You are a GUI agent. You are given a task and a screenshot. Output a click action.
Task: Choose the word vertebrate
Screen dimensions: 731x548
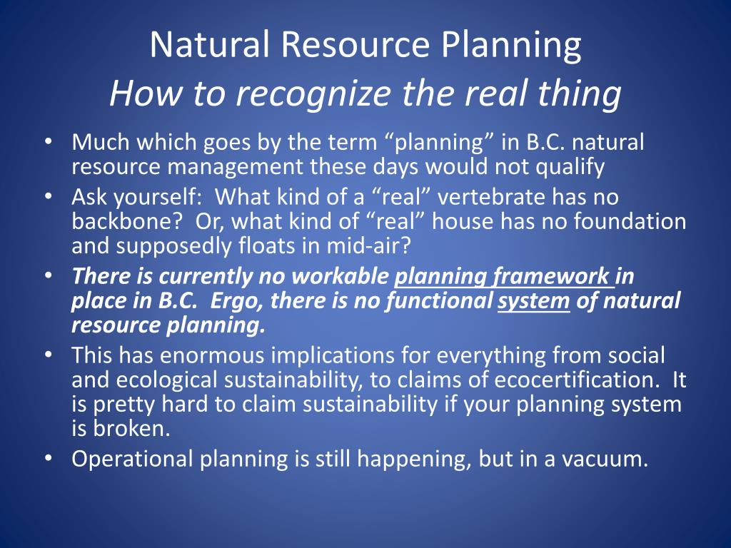[491, 197]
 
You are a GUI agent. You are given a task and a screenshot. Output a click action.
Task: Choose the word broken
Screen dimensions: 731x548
[132, 428]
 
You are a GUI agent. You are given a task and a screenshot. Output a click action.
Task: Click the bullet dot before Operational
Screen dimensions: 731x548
[48, 459]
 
